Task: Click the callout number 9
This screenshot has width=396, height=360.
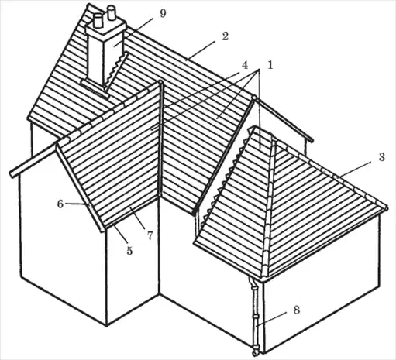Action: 163,13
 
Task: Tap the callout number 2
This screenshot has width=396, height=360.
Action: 226,36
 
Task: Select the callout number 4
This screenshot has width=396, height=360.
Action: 245,65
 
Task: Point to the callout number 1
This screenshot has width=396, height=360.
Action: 270,65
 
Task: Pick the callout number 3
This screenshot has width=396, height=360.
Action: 382,157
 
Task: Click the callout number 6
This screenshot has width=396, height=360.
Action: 60,204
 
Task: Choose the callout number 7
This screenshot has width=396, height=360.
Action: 150,235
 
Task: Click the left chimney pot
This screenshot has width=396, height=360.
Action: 98,21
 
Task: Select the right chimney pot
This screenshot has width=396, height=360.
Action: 112,13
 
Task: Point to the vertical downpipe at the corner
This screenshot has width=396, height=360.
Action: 256,312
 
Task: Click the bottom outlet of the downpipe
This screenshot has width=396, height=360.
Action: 255,351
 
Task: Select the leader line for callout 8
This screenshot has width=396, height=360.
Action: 271,318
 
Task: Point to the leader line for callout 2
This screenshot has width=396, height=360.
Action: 201,50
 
